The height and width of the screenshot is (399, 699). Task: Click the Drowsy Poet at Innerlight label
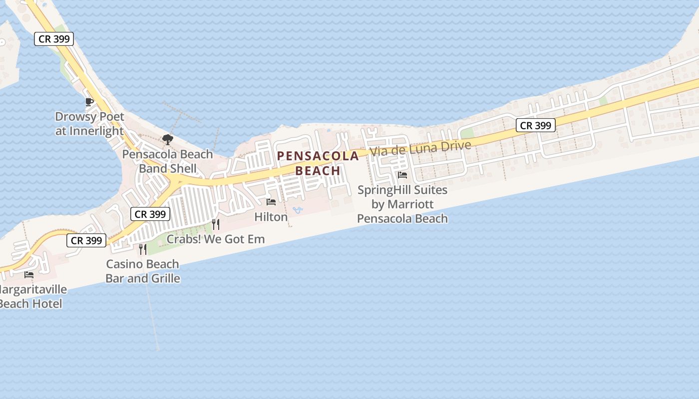(x=89, y=124)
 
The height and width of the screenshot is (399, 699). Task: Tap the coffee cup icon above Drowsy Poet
(x=89, y=102)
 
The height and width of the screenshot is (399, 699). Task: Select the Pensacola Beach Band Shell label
(x=168, y=161)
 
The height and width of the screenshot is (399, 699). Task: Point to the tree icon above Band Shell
(x=168, y=139)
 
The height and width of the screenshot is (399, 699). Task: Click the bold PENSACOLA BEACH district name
(x=318, y=163)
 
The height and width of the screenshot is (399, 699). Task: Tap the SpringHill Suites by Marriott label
(x=402, y=204)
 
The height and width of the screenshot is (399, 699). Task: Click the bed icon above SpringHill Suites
(x=402, y=175)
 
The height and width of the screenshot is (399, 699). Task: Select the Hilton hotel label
(x=271, y=217)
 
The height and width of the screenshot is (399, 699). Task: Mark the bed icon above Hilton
(x=271, y=202)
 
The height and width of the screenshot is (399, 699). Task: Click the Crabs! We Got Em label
(x=215, y=239)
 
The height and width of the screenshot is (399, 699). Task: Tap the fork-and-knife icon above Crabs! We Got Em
(x=215, y=224)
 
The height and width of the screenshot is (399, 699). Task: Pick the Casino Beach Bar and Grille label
(x=143, y=271)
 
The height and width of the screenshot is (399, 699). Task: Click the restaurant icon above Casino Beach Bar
(x=143, y=249)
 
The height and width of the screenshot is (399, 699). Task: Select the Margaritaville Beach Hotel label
(x=31, y=296)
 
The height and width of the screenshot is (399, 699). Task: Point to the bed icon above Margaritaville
(x=29, y=274)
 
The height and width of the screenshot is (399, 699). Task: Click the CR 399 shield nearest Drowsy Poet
(x=54, y=39)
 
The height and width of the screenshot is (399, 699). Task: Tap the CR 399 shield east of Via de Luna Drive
(x=536, y=126)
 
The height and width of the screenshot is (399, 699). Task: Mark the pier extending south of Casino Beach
(x=153, y=319)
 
